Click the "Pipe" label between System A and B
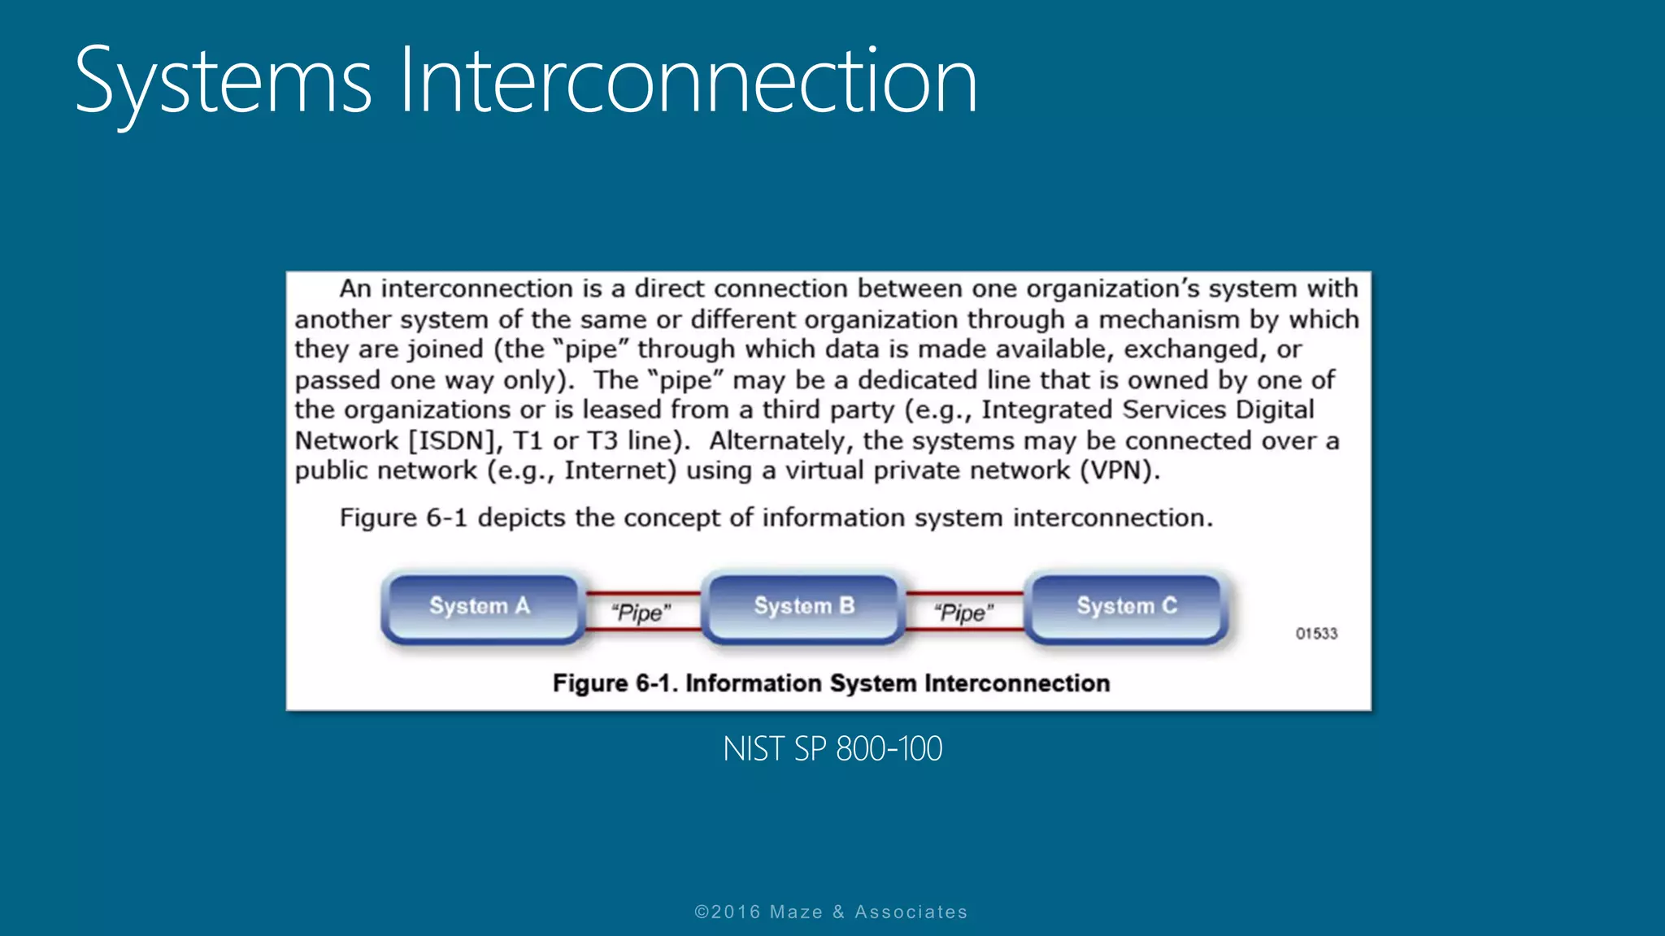click(x=641, y=613)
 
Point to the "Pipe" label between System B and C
click(x=963, y=613)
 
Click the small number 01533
click(x=1316, y=634)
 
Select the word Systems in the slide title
click(x=223, y=81)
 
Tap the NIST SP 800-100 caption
click(x=832, y=749)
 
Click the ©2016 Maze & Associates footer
click(x=831, y=912)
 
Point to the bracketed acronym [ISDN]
click(x=454, y=441)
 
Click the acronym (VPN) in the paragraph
click(x=1119, y=471)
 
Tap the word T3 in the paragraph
click(x=602, y=441)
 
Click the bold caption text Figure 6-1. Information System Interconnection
click(x=831, y=683)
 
